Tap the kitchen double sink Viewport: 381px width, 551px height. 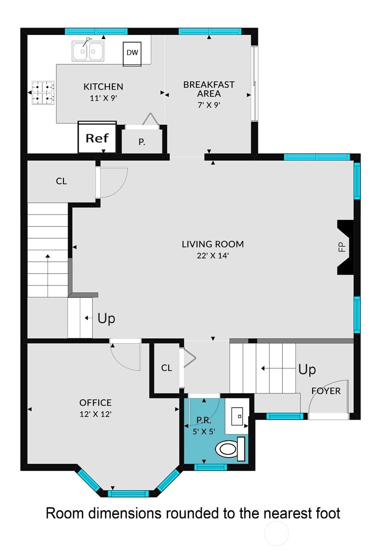tap(88, 51)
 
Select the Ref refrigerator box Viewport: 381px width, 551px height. tap(97, 137)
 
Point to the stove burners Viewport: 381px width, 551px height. tap(43, 93)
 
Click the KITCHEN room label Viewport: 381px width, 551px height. tap(103, 86)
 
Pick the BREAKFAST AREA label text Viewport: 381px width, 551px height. tap(208, 89)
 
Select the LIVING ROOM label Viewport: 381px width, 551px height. tap(213, 244)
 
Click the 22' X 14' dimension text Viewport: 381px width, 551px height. tap(213, 256)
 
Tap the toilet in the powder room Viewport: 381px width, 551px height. tap(230, 449)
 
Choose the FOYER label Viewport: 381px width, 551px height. tap(326, 391)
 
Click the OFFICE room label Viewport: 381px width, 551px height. tap(95, 403)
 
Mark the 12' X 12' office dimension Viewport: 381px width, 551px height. tap(95, 414)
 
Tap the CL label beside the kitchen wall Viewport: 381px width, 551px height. tap(61, 181)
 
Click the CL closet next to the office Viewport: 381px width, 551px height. tap(166, 368)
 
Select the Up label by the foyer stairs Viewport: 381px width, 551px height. tap(307, 369)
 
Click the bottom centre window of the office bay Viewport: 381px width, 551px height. tap(129, 494)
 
